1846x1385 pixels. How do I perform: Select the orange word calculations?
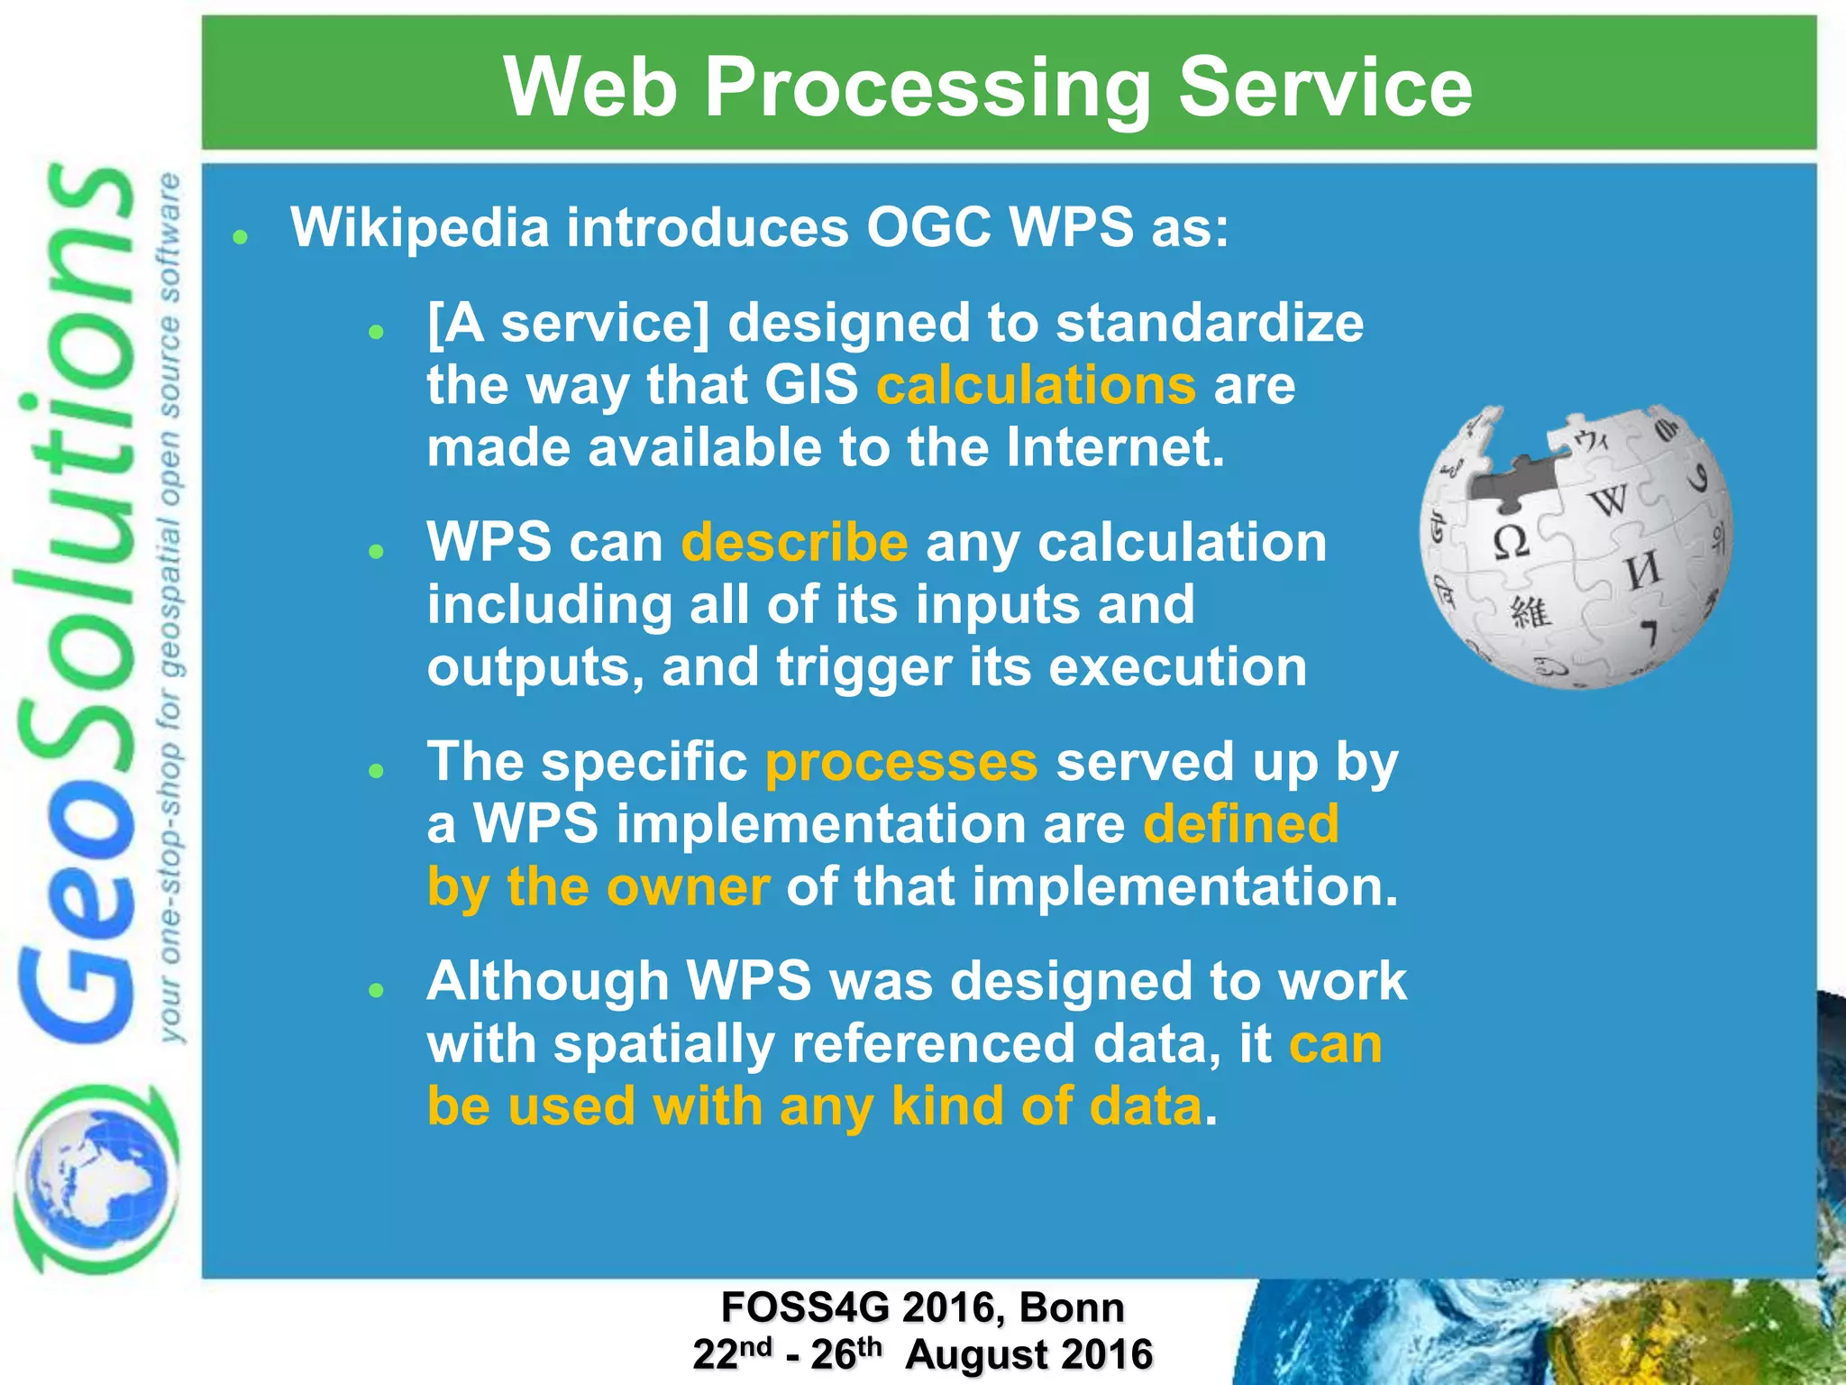(1037, 386)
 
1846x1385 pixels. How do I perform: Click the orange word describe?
(794, 543)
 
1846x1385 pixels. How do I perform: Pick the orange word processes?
(901, 762)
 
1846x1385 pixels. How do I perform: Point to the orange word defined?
(1241, 824)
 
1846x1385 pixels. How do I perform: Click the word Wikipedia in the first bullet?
(419, 227)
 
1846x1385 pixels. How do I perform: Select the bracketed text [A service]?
(569, 324)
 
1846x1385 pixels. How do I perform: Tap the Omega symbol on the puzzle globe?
(1511, 541)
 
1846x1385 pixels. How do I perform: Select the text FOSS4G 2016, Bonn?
(922, 1307)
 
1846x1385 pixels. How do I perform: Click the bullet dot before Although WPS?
(377, 990)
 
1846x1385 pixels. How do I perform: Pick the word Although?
(547, 981)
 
